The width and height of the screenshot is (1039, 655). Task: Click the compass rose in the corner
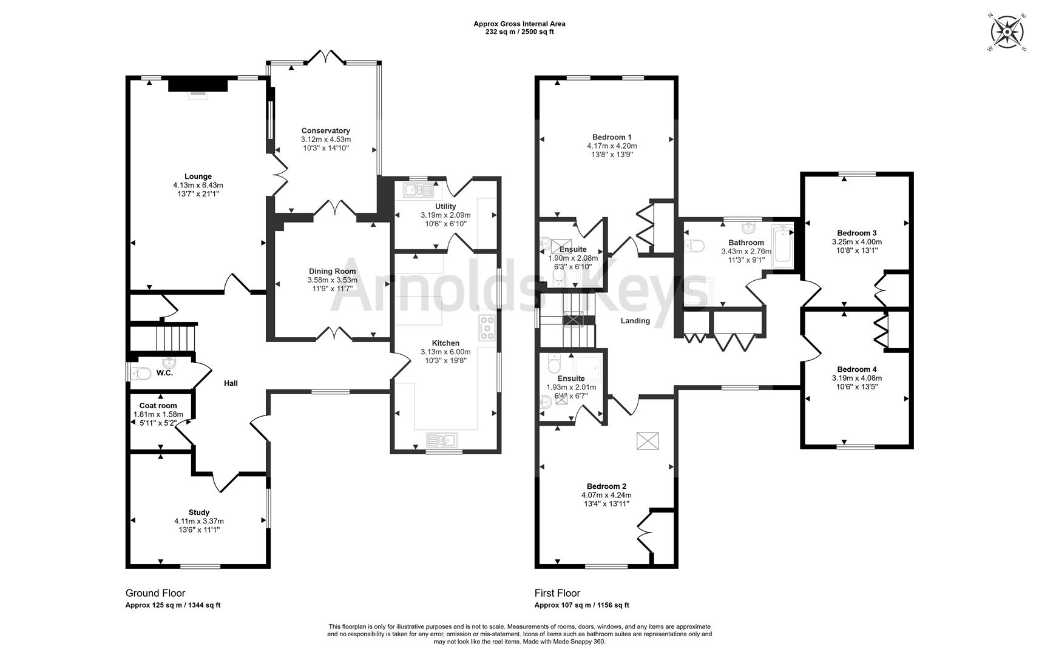click(1007, 31)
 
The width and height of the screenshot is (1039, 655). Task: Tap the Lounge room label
click(198, 176)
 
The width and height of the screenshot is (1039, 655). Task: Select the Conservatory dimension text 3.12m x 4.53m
click(326, 139)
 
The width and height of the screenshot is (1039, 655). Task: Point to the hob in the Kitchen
click(487, 327)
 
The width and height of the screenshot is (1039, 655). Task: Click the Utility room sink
click(419, 190)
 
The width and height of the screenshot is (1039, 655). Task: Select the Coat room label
click(158, 406)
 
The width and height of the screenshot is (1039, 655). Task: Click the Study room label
click(198, 512)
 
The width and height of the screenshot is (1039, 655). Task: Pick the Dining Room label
click(332, 271)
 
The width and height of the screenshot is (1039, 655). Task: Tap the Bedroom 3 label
click(856, 233)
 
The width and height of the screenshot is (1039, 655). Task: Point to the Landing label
click(635, 321)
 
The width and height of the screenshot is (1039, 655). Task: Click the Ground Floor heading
click(155, 593)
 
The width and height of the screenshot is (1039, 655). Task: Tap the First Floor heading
click(557, 593)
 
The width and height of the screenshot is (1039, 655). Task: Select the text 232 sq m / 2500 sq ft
click(519, 32)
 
